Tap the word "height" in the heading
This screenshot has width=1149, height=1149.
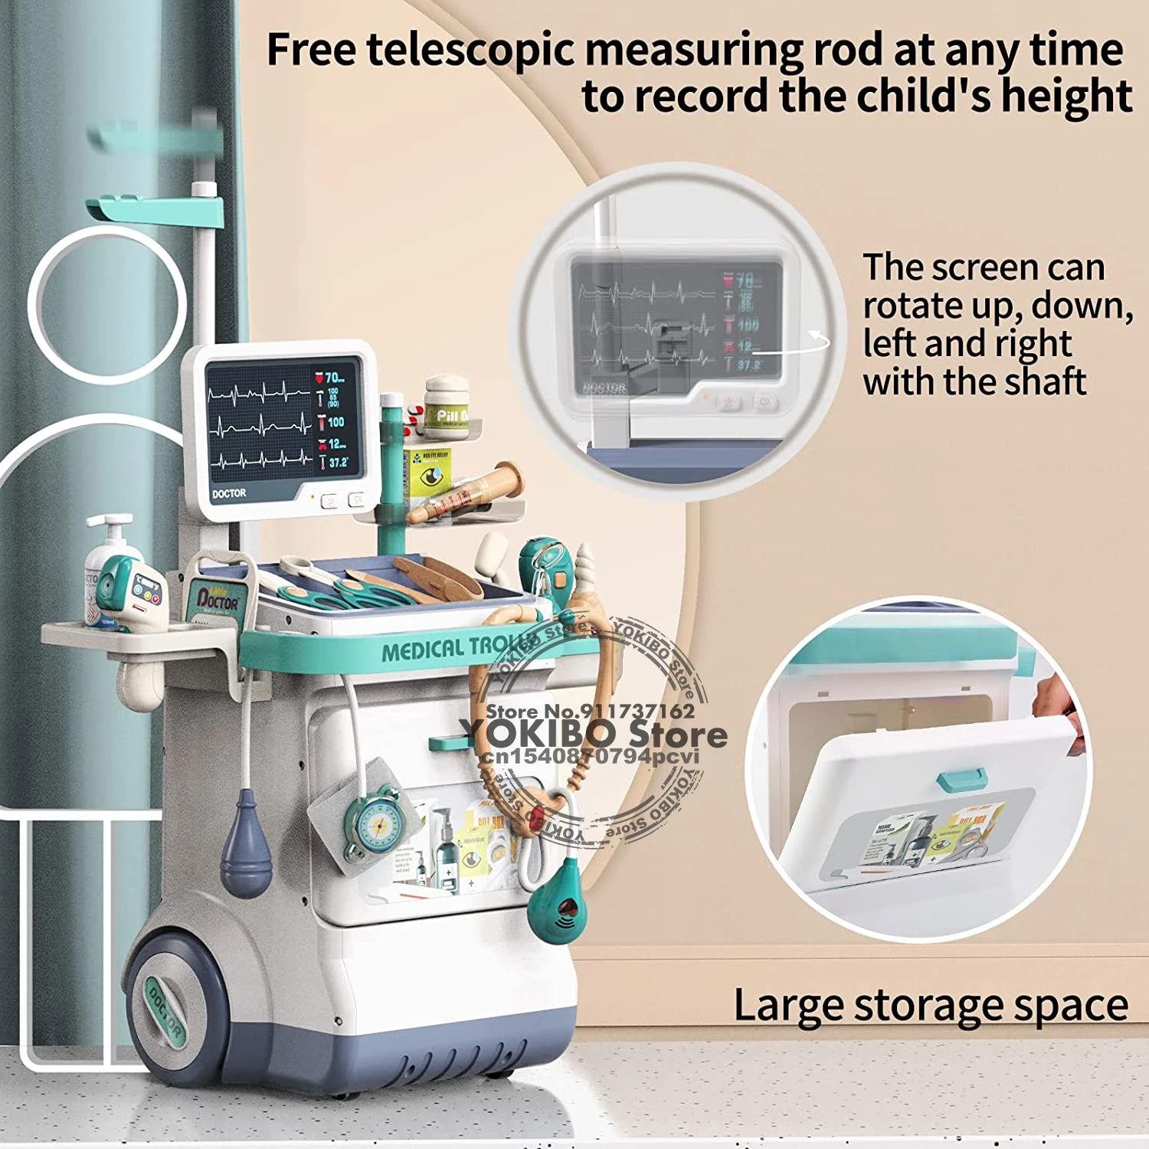click(1066, 97)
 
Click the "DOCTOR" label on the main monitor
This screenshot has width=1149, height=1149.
click(229, 494)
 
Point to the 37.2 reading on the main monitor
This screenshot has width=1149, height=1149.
click(338, 463)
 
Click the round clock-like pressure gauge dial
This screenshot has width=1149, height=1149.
click(376, 823)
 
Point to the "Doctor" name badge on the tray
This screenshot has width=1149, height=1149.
click(218, 598)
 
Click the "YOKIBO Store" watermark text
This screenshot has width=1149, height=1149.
click(594, 734)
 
